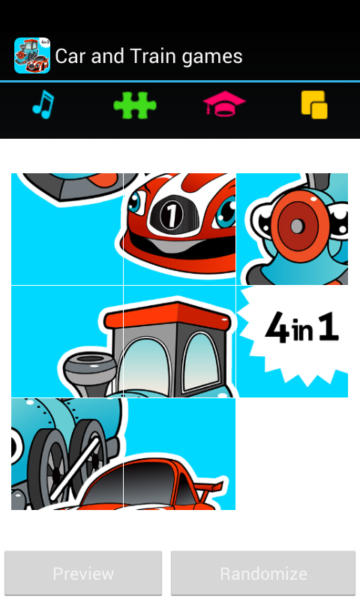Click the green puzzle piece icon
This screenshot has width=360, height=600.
(x=135, y=106)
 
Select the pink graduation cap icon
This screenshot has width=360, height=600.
(x=224, y=105)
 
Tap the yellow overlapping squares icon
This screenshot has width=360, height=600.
(x=314, y=105)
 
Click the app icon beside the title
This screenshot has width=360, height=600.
(x=32, y=56)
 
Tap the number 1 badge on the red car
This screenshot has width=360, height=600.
(x=171, y=215)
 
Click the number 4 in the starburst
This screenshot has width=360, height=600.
(x=277, y=330)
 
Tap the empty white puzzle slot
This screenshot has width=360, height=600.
(x=292, y=454)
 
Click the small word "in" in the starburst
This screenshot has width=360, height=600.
(x=303, y=332)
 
